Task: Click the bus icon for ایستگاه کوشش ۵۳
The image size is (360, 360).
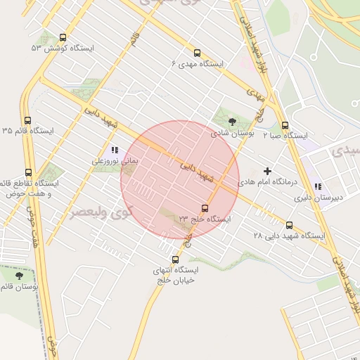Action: click(64, 38)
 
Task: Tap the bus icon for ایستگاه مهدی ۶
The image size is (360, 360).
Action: click(196, 53)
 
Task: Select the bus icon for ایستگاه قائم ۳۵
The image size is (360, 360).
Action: click(27, 120)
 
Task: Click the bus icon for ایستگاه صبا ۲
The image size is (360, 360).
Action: click(285, 125)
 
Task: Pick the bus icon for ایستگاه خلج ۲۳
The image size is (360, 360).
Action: click(205, 208)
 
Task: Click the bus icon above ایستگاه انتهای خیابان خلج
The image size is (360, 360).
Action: click(175, 259)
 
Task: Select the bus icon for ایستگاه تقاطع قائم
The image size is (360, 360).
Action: click(28, 172)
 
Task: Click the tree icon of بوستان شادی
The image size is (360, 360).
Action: click(233, 122)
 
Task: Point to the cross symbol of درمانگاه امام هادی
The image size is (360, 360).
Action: click(267, 171)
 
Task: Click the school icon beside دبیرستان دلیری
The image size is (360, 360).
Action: click(318, 187)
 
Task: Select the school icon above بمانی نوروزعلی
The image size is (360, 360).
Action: click(114, 150)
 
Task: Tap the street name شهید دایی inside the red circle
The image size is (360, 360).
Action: click(195, 170)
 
